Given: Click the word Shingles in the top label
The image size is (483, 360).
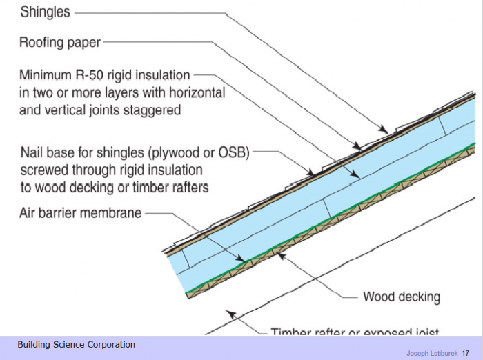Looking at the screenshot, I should click(46, 12).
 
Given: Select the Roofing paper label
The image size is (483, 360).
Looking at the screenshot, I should click(59, 43).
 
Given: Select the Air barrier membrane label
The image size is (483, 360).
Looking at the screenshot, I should click(80, 212).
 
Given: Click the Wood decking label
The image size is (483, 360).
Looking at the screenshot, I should click(402, 297).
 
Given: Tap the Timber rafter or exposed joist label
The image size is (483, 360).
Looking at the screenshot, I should click(355, 332).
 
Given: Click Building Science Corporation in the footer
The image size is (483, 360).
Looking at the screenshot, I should click(77, 345).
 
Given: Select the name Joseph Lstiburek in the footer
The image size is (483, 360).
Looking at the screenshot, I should click(431, 352).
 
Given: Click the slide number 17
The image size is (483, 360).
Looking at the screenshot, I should click(466, 352).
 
